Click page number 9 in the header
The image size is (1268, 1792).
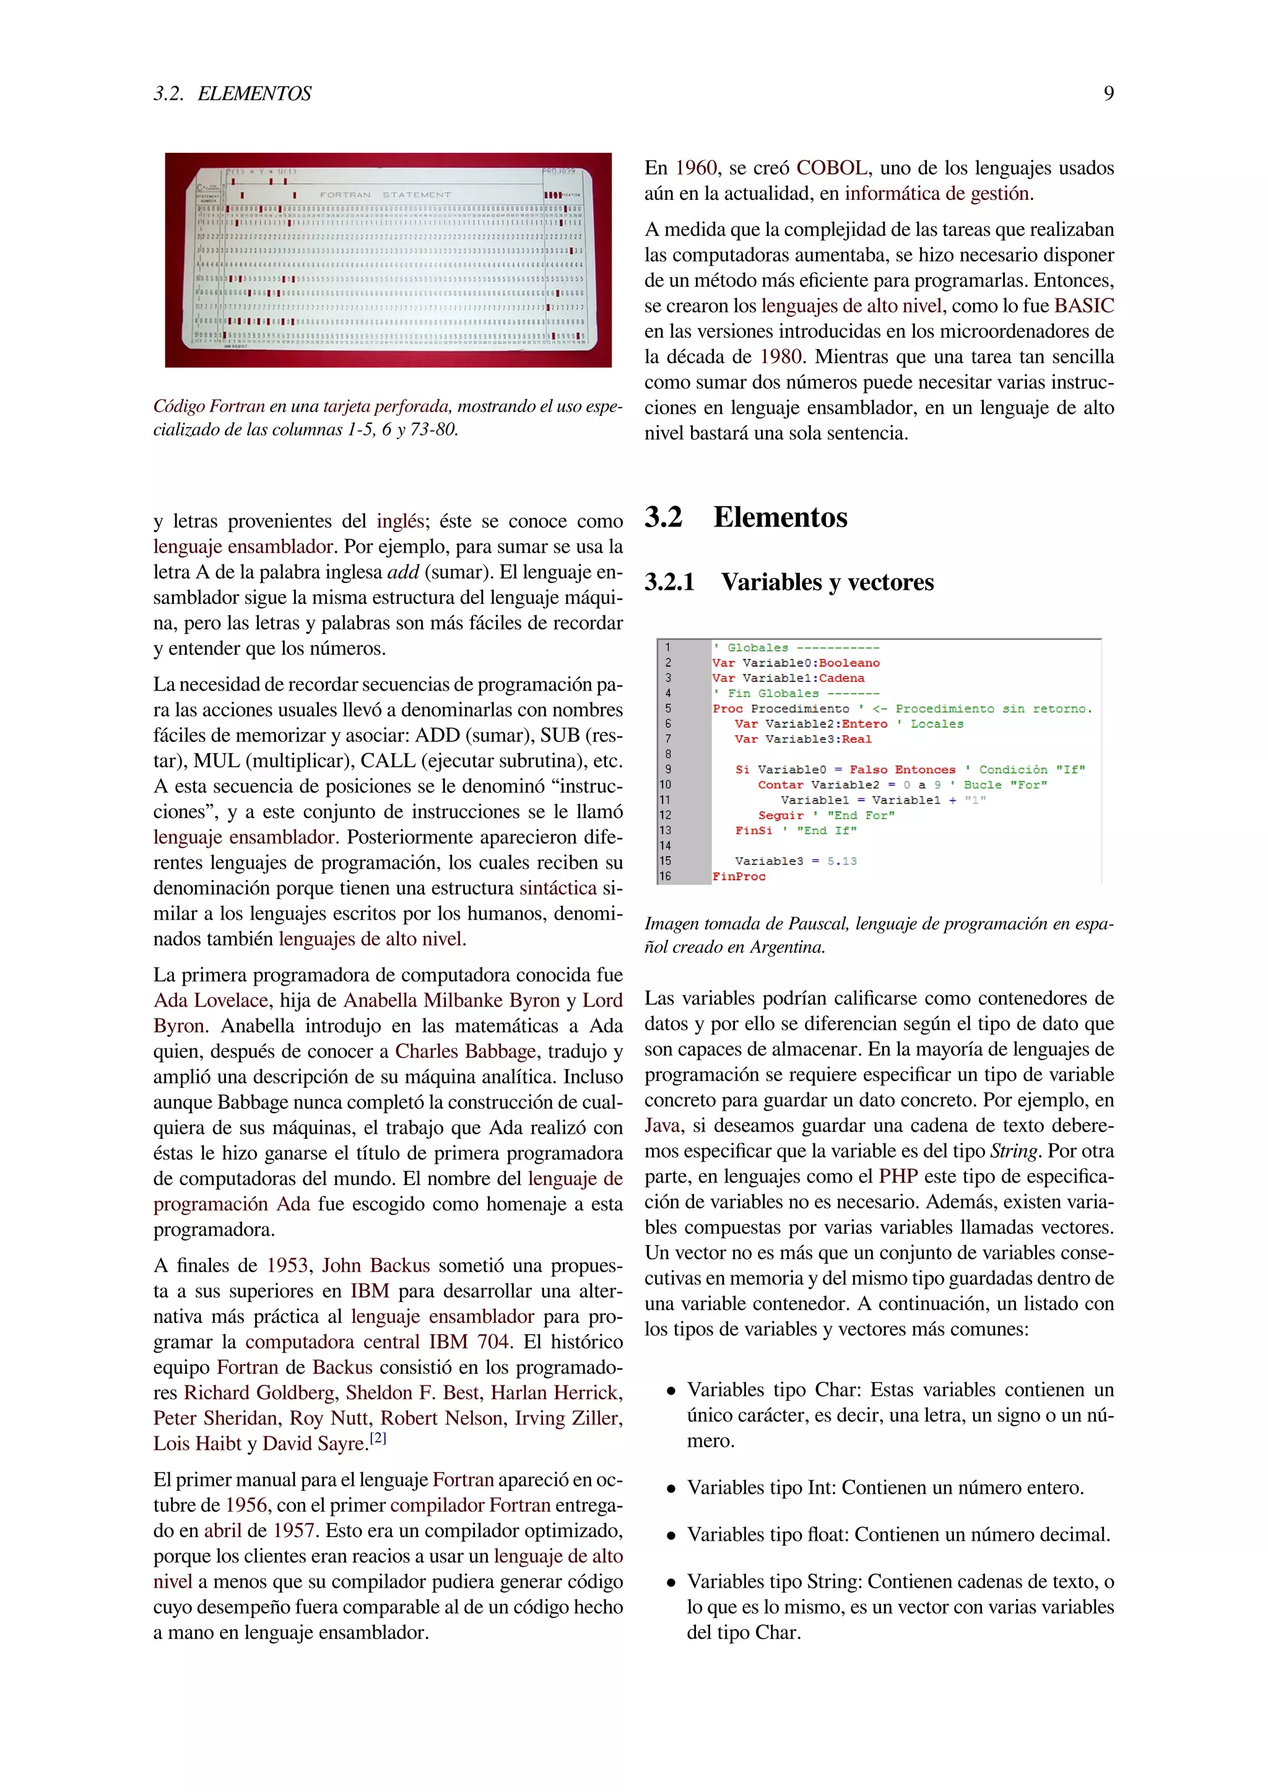point(1108,93)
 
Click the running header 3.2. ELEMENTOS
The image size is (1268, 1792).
point(232,93)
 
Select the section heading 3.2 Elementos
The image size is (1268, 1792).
point(745,517)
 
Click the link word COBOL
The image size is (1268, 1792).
point(831,168)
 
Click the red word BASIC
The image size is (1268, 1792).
point(1083,305)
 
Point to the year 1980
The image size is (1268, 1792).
point(781,356)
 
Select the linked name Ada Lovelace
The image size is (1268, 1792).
point(211,1001)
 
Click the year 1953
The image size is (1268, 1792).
point(288,1266)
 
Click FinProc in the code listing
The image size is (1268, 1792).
point(739,876)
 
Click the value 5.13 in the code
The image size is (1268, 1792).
point(841,861)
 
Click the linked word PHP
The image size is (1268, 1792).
point(897,1176)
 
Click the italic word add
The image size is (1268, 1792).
point(403,572)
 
